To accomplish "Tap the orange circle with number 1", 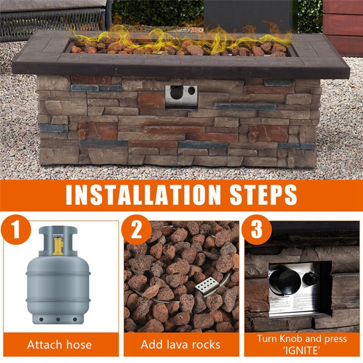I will coord(16,230).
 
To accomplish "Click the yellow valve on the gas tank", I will coord(58,244).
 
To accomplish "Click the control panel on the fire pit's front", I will coord(181,95).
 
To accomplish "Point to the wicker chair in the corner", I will coord(50,18).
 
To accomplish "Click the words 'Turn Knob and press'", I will coord(302,338).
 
